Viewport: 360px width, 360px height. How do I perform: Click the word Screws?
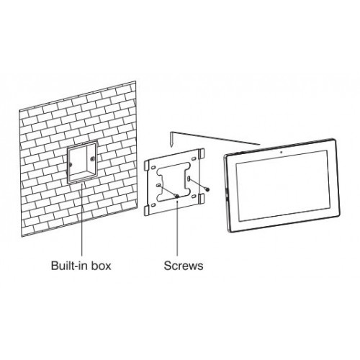(x=184, y=266)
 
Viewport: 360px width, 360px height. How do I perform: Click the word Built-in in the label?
(x=69, y=266)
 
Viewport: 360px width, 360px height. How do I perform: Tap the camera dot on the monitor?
(x=281, y=152)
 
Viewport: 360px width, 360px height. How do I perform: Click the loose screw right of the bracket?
(x=207, y=189)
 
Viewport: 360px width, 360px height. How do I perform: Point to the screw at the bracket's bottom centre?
(x=177, y=197)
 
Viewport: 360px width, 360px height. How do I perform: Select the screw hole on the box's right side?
(x=92, y=158)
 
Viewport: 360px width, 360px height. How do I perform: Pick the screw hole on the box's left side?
(x=71, y=164)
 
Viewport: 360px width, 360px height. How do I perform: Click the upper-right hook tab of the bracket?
(x=202, y=153)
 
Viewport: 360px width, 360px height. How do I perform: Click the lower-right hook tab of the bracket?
(x=202, y=199)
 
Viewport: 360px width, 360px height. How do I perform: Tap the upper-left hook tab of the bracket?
(x=146, y=166)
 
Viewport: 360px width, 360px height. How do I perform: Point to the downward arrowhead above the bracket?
(x=171, y=145)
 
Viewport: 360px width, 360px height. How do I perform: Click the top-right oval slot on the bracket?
(x=193, y=159)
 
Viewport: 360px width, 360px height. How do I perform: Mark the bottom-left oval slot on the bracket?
(x=153, y=205)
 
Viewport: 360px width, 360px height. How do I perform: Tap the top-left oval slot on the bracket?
(x=153, y=167)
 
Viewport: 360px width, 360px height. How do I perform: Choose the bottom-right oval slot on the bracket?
(x=194, y=197)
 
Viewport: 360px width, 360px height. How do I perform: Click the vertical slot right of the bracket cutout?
(x=189, y=179)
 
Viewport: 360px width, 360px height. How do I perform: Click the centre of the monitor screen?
(x=282, y=185)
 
